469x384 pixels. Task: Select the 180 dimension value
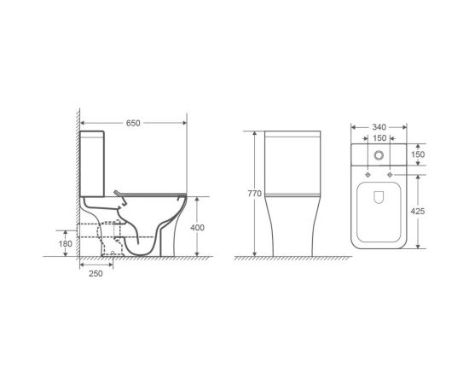pos(66,244)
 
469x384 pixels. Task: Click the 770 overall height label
pos(253,194)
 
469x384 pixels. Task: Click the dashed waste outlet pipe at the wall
pos(92,230)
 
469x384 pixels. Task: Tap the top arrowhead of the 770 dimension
pos(253,133)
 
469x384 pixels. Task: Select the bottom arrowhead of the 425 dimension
pos(418,247)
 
